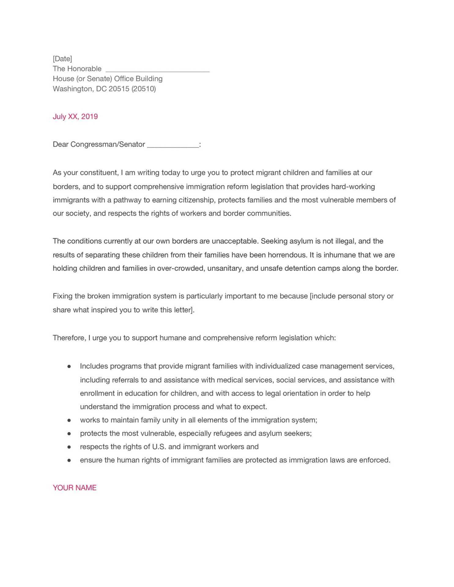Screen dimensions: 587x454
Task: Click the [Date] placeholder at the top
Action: tap(62, 59)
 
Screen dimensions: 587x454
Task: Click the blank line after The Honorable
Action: tap(157, 70)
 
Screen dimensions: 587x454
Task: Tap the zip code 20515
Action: tap(119, 89)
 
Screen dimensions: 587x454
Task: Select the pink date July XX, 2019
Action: tap(75, 117)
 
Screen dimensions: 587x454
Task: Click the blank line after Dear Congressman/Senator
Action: tap(173, 145)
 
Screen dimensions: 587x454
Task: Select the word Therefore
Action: tap(69, 338)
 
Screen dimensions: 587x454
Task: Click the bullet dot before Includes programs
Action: tap(69, 366)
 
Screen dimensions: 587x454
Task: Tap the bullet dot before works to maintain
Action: tap(69, 420)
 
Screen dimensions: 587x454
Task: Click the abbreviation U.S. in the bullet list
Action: tap(159, 447)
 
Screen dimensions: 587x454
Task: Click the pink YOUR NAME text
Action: tap(75, 488)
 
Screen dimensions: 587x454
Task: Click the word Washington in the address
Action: tap(72, 89)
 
